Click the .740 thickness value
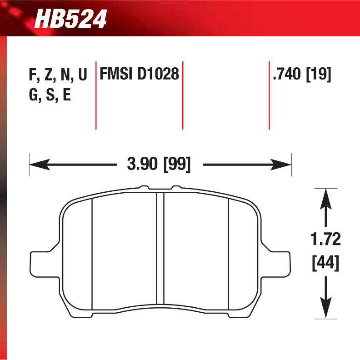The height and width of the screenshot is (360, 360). click(287, 74)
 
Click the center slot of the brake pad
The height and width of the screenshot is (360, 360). click(160, 249)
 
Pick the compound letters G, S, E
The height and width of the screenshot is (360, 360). click(50, 96)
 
